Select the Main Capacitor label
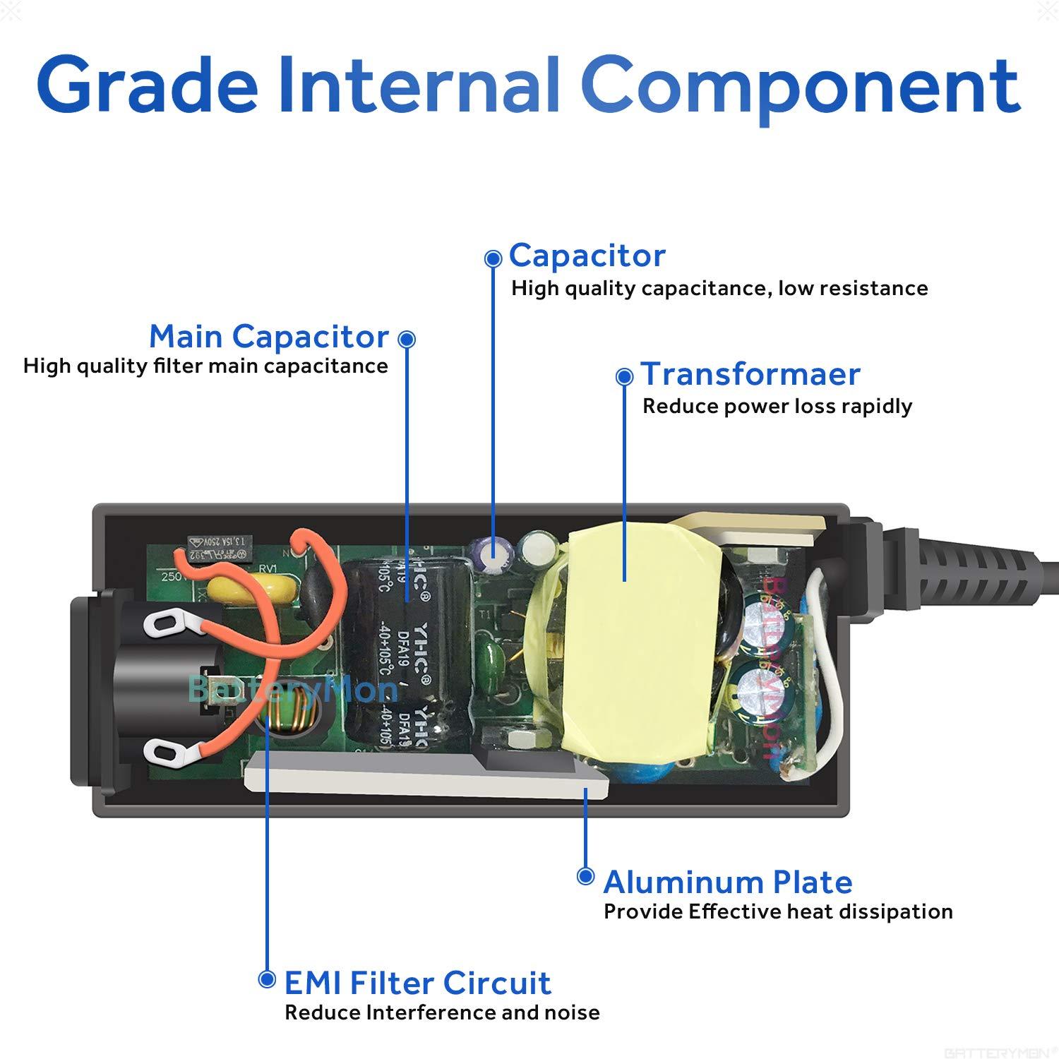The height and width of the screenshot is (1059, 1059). (x=269, y=337)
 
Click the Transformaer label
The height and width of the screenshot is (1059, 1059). (x=750, y=374)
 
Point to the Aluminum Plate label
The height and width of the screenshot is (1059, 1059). (x=728, y=882)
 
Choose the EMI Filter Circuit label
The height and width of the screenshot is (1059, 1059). (x=417, y=983)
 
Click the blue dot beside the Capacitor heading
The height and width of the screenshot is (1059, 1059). (x=493, y=259)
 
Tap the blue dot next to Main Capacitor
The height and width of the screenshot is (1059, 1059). (x=407, y=340)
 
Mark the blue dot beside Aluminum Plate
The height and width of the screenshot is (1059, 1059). (x=585, y=877)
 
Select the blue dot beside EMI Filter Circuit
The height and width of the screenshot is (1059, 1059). (x=267, y=979)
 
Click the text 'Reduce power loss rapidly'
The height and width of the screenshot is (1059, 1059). (x=777, y=407)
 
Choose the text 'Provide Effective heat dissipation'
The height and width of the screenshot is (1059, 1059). (x=778, y=911)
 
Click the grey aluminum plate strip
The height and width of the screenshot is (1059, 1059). (x=424, y=777)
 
